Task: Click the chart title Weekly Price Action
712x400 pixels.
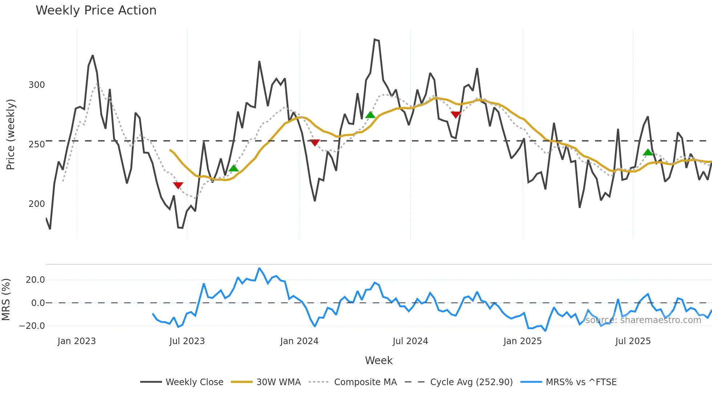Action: click(x=96, y=11)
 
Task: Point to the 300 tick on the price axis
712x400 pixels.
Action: click(x=37, y=85)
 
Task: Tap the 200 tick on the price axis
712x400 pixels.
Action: click(x=37, y=204)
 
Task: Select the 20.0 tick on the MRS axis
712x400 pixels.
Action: click(x=35, y=280)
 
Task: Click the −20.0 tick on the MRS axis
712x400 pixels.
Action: click(x=32, y=326)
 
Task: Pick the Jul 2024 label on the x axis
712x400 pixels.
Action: click(x=410, y=341)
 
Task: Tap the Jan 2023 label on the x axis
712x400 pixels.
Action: click(x=77, y=341)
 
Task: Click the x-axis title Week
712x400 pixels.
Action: click(x=379, y=360)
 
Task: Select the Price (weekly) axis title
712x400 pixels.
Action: click(x=11, y=134)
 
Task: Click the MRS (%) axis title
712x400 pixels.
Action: click(x=6, y=299)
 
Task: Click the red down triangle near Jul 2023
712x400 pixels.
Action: click(x=178, y=185)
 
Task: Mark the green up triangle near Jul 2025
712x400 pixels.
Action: click(x=648, y=152)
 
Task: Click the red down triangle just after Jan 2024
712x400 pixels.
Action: click(x=315, y=143)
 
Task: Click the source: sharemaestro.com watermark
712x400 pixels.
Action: click(x=643, y=320)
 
